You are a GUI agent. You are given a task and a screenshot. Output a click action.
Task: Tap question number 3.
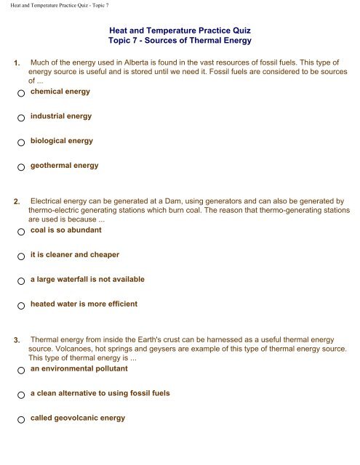click(x=17, y=340)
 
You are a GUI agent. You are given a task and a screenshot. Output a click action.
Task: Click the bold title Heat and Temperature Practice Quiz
click(x=180, y=32)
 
